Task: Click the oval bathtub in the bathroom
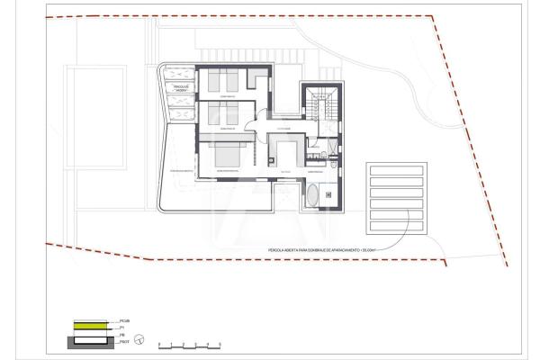316,197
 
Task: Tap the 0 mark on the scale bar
158,345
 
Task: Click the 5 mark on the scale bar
221,345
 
